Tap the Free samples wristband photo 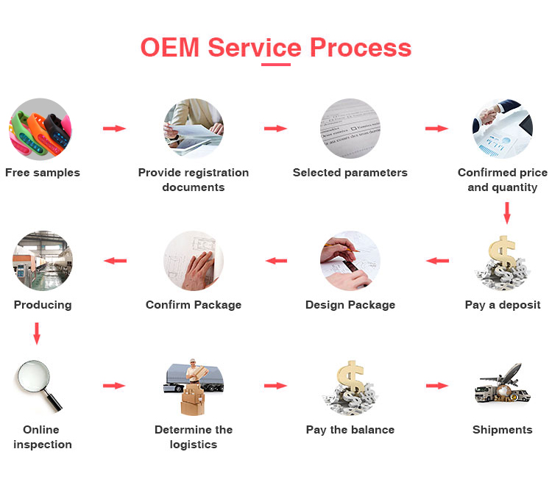coord(40,129)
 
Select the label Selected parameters coord(350,173)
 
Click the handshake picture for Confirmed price coord(502,129)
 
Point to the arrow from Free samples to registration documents coord(114,129)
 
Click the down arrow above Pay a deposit coord(506,212)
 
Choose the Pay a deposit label coord(503,305)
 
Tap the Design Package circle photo coord(350,261)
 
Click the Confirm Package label coord(194,305)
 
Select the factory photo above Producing coord(43,261)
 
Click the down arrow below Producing coord(37,334)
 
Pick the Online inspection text coord(43,437)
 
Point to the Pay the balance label coord(350,430)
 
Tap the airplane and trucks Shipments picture coord(503,386)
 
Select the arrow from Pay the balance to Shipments coord(437,386)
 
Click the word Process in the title coord(360,47)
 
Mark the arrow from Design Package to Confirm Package coord(276,260)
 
